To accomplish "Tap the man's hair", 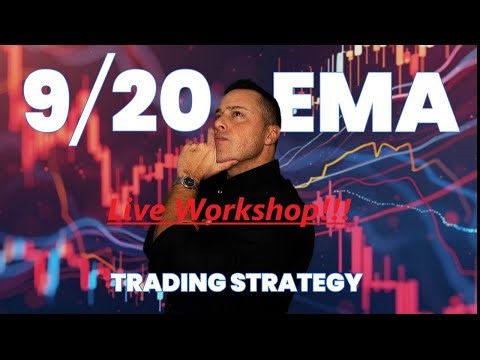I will click(250, 93).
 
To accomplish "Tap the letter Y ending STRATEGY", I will click(351, 282).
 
